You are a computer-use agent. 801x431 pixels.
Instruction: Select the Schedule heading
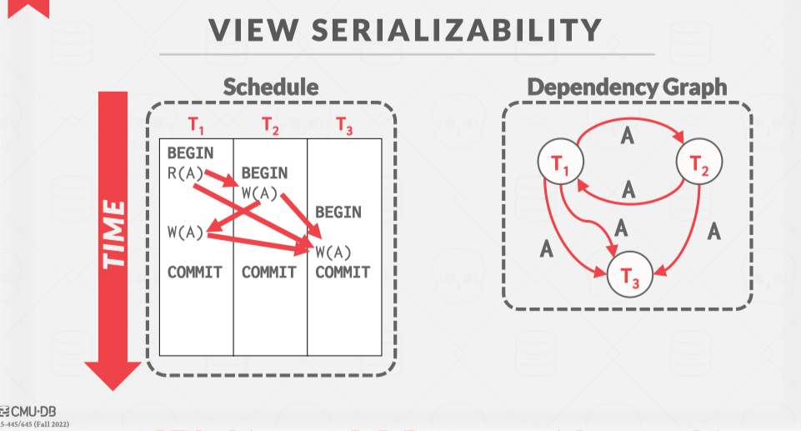click(271, 86)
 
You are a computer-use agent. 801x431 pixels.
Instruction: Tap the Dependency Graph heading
click(627, 86)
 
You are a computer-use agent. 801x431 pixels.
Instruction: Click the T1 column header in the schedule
click(196, 126)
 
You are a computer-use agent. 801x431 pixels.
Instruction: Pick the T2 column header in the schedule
click(270, 126)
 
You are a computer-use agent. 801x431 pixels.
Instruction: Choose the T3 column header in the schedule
click(344, 126)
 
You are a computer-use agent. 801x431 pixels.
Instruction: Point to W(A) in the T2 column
click(259, 193)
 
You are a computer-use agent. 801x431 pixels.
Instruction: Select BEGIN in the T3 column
click(338, 212)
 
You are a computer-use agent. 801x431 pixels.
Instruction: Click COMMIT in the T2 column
click(269, 272)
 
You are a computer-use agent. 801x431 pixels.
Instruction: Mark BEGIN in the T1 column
click(190, 153)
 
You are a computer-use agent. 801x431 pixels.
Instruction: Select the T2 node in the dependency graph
click(698, 163)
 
